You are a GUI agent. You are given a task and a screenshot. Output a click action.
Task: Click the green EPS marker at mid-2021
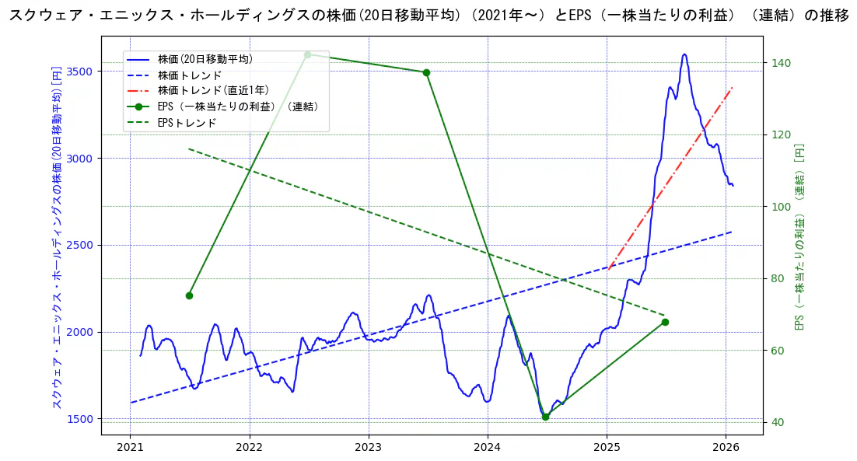tap(189, 295)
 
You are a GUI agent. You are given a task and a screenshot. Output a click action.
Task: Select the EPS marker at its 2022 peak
tap(307, 54)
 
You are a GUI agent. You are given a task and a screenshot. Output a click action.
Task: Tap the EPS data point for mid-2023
tap(426, 72)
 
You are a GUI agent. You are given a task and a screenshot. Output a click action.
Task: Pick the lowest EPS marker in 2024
tap(545, 417)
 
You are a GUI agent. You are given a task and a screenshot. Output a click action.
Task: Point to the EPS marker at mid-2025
tap(665, 322)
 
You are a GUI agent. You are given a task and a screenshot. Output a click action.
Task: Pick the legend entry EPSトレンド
tap(187, 123)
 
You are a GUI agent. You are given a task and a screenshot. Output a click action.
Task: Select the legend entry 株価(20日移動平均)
tap(205, 59)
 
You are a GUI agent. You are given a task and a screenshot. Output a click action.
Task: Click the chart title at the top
tap(428, 16)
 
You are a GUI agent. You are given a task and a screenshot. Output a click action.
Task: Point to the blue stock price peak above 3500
tap(684, 54)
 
